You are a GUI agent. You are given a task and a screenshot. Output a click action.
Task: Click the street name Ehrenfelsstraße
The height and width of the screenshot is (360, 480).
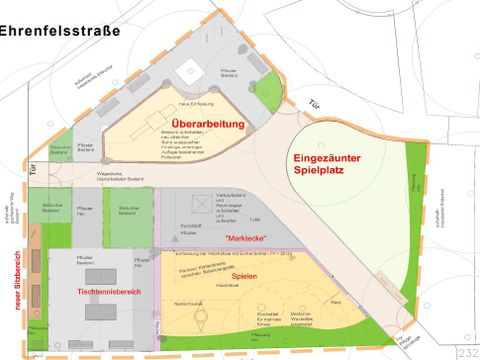click(x=59, y=31)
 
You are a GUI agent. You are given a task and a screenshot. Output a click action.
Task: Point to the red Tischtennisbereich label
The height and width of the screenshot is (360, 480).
click(x=108, y=290)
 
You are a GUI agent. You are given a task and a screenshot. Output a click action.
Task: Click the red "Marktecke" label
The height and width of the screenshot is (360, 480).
click(x=246, y=238)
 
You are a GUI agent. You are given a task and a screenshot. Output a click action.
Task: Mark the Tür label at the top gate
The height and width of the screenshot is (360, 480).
click(x=316, y=105)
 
